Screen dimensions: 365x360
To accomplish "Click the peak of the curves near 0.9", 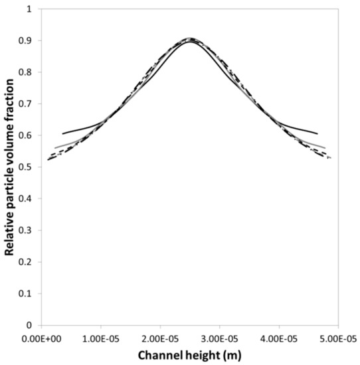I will click(x=190, y=39).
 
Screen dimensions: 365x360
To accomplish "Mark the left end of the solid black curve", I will click(x=63, y=133).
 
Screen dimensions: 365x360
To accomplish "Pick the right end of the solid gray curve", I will click(x=325, y=147).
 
